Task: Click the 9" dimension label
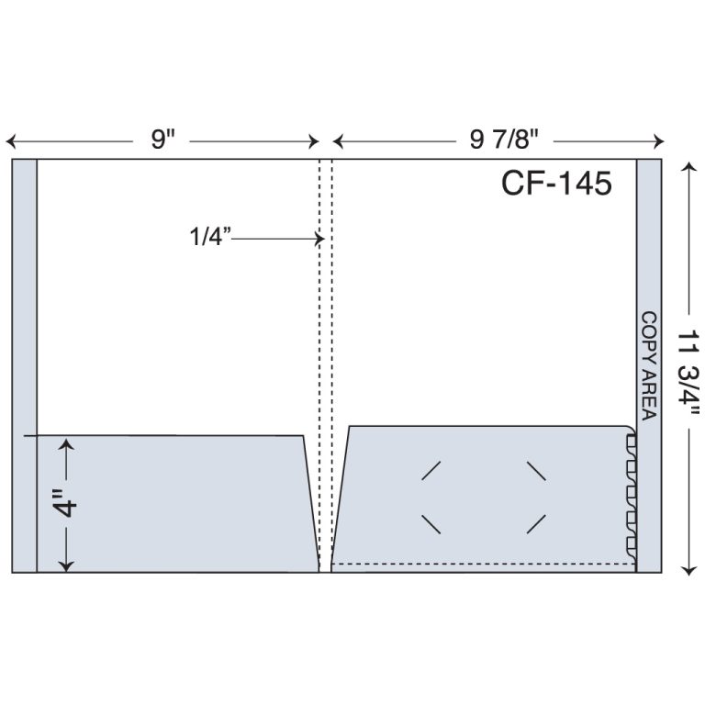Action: [x=163, y=140]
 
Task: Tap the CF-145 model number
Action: [x=555, y=184]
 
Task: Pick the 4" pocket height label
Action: [x=65, y=506]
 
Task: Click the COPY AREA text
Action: [x=648, y=365]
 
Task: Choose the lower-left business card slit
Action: [x=431, y=524]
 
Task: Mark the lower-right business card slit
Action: [x=536, y=524]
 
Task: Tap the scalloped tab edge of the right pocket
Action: [x=631, y=491]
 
